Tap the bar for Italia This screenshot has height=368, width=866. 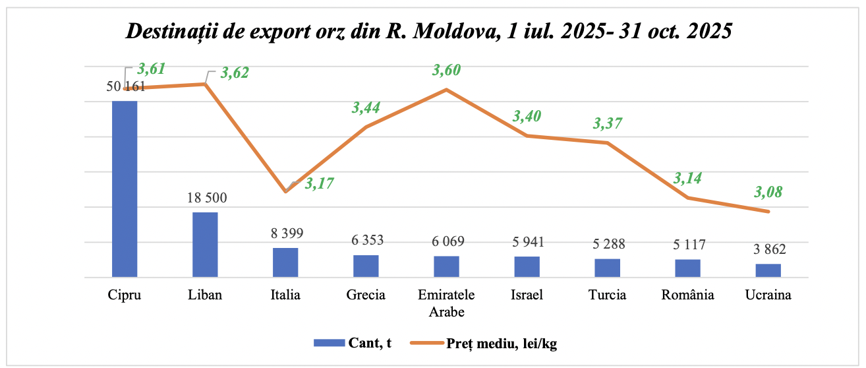285,262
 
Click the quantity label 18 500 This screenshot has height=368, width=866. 205,199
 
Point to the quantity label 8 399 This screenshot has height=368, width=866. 285,233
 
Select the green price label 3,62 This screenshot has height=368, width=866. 235,73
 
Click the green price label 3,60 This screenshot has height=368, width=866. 446,71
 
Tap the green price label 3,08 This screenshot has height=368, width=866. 768,193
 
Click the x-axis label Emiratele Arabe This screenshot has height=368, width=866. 446,303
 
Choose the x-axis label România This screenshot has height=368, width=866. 687,295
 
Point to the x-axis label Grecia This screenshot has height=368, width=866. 366,295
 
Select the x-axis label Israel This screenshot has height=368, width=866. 527,295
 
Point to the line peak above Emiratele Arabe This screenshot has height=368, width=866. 446,90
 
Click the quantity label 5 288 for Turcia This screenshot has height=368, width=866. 607,245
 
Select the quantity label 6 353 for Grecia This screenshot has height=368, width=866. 366,240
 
